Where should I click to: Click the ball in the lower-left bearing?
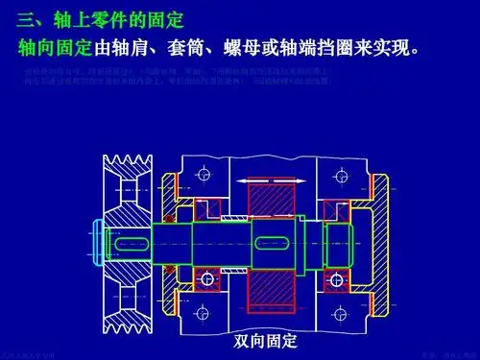pyautogui.click(x=204, y=279)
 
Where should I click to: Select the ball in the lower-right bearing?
pyautogui.click(x=340, y=279)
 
